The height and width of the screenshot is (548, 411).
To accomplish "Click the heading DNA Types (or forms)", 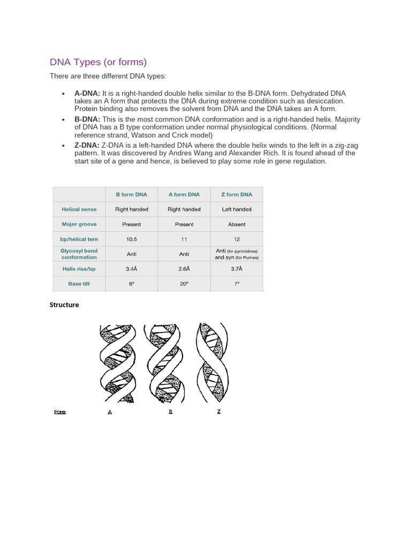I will pos(98,62).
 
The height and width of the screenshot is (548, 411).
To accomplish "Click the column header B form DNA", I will pos(132,194).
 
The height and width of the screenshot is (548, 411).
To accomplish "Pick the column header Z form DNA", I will pos(237,194).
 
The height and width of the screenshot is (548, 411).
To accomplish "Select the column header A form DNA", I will pos(184,194).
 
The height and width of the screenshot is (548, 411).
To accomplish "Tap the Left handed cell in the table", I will pos(237,209).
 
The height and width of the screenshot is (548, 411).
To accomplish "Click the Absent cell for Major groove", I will pos(237,224).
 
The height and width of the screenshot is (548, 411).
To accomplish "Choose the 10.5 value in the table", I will pos(132,239).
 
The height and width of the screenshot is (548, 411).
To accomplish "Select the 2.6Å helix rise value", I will pos(184,269).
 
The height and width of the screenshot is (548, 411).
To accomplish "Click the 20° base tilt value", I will pos(184,284).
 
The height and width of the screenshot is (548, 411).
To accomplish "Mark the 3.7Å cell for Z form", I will pos(237,269).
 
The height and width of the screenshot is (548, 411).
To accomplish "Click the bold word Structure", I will pos(64,305).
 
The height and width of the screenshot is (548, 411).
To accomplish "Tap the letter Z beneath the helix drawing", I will pos(219,412).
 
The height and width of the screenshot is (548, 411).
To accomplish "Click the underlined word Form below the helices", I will pos(60,412).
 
